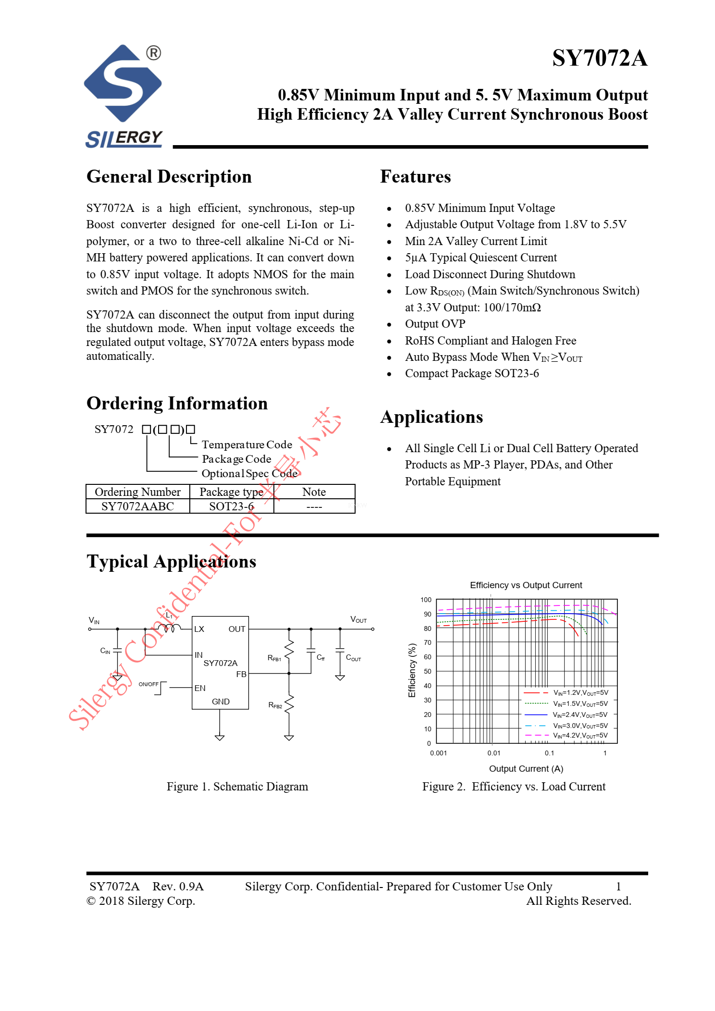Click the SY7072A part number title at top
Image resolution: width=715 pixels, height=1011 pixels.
[x=599, y=58]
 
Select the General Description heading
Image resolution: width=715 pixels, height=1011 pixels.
[x=169, y=177]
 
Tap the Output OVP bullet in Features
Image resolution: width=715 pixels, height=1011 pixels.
[x=435, y=324]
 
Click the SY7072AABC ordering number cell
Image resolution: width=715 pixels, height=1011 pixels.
[x=137, y=506]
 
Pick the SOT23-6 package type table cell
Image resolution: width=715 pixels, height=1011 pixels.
[x=231, y=506]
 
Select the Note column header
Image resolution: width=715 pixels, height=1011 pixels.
[x=314, y=492]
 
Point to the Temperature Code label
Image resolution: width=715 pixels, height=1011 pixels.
[x=247, y=444]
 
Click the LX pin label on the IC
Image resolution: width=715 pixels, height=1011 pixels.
[x=199, y=629]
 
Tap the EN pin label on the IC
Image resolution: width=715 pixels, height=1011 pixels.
[x=200, y=688]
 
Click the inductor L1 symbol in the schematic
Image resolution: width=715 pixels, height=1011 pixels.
[x=169, y=627]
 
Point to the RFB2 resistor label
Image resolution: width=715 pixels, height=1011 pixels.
[x=275, y=705]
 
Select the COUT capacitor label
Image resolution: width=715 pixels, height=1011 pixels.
[x=353, y=658]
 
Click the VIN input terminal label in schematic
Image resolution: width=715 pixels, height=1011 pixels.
[x=94, y=620]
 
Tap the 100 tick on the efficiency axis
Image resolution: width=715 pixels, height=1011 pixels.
[x=426, y=600]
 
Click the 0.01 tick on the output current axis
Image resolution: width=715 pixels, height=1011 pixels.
[x=493, y=753]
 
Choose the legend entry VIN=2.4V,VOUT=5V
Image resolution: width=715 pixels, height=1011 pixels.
[x=580, y=715]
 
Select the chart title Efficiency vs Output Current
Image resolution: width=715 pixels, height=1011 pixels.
[x=526, y=585]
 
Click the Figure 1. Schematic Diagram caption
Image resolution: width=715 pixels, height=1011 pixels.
[x=237, y=787]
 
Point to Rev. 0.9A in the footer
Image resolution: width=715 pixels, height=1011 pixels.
[x=178, y=887]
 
